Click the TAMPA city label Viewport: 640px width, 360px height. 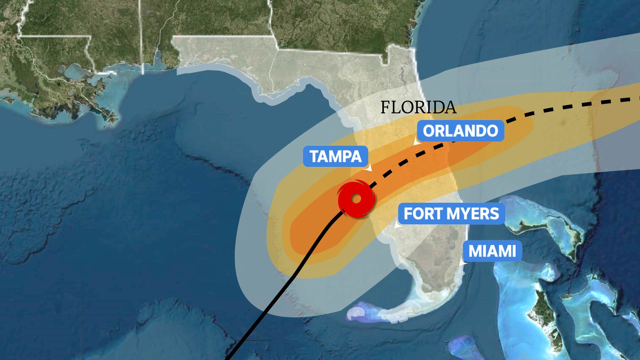(335, 156)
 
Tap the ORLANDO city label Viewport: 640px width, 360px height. (460, 131)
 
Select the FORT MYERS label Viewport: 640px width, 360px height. (451, 214)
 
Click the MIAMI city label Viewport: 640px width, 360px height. (492, 251)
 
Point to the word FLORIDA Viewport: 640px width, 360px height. (418, 107)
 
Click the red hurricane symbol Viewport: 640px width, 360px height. (356, 199)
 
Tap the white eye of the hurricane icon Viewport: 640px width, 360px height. (356, 199)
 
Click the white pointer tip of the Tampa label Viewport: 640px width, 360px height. (370, 170)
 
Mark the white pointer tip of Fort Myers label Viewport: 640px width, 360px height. (396, 227)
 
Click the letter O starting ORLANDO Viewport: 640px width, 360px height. (429, 131)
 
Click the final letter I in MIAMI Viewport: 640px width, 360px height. (514, 251)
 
